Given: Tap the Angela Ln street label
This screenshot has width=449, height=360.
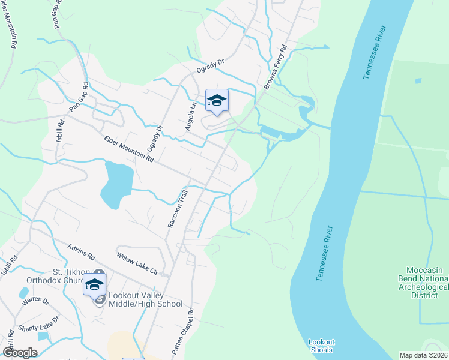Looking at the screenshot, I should coord(190,116).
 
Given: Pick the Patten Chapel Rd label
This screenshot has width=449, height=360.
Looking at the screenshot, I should coord(183,331).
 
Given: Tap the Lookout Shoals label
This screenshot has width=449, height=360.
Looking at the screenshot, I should coord(321,346).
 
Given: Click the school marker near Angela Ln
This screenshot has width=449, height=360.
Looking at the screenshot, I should coord(216,101).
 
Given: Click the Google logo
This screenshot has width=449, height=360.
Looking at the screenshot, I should coord(20,353).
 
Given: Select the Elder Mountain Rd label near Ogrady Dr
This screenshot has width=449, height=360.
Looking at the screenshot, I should coord(129,149).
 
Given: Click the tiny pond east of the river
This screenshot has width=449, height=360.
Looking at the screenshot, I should coord(418,80).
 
